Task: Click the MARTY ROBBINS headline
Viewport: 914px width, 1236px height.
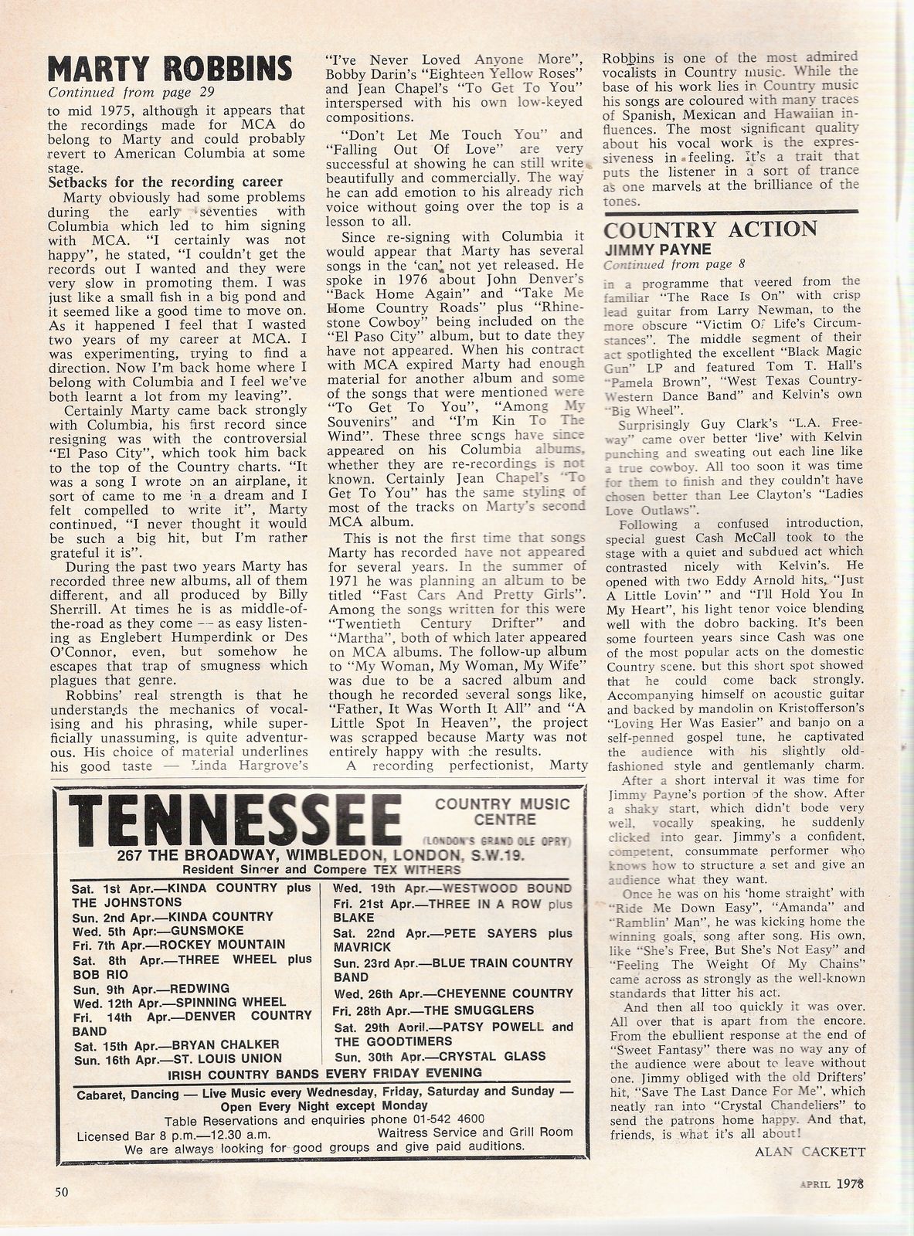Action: pos(170,69)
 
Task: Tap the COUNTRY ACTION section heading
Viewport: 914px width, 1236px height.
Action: pos(710,229)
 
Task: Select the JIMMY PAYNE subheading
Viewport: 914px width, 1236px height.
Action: pos(654,249)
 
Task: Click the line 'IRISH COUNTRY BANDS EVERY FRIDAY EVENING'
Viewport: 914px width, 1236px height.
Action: pos(325,1072)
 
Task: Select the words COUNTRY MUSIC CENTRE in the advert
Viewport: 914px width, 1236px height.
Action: pos(502,811)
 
